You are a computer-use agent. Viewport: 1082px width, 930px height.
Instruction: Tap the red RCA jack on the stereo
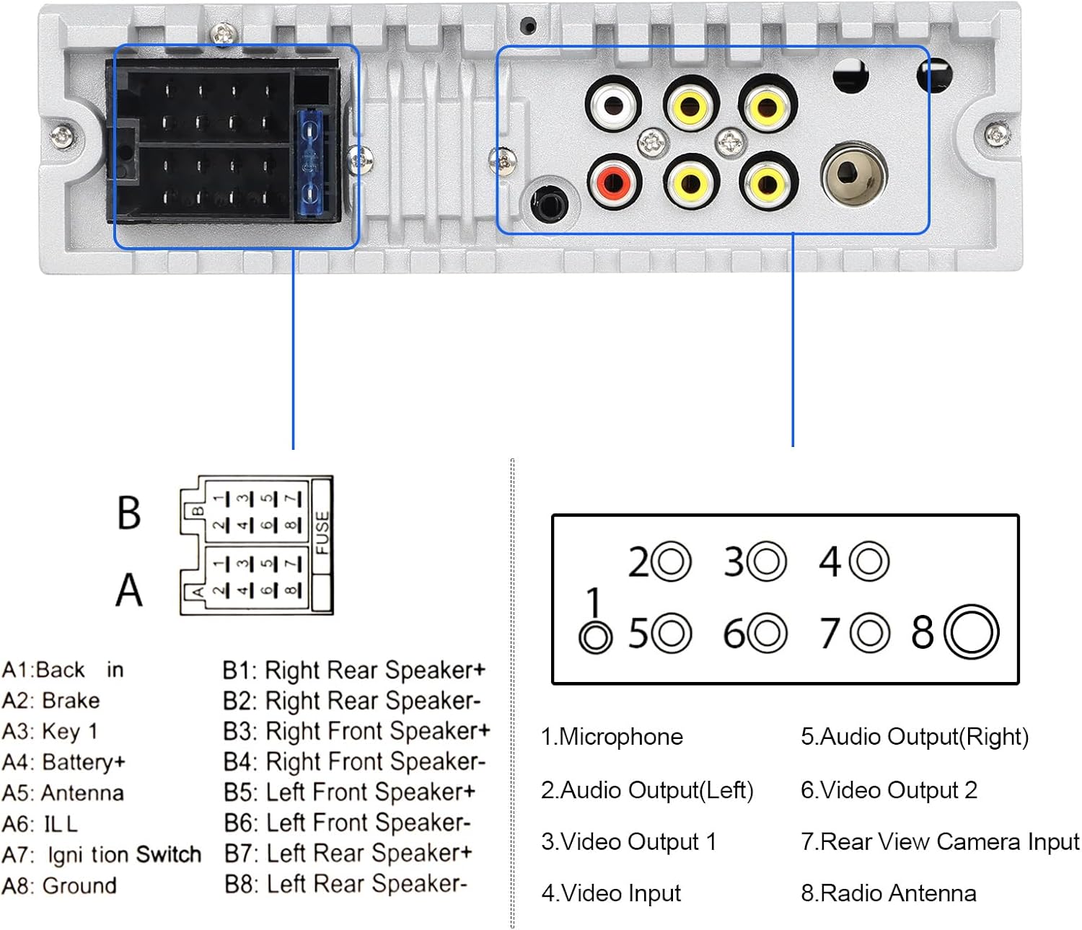615,182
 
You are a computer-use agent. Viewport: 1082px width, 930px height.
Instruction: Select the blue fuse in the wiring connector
310,162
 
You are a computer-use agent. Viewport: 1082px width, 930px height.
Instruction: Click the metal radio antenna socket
853,174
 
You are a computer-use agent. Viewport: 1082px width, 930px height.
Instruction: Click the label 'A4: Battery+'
63,762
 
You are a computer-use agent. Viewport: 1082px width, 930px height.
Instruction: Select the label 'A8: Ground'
59,885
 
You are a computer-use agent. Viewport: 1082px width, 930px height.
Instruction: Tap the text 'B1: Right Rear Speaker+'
353,670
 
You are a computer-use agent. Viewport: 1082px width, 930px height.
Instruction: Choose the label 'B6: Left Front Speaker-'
347,823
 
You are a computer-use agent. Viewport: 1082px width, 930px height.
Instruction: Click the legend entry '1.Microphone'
612,737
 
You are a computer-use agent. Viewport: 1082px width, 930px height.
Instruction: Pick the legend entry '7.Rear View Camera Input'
939,841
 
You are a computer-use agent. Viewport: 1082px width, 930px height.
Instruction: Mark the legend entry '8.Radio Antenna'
888,893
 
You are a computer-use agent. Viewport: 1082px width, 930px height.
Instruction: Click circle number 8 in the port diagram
971,632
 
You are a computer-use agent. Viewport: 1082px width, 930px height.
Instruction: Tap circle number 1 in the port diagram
596,637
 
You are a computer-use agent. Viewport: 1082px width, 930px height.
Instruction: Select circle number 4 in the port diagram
868,561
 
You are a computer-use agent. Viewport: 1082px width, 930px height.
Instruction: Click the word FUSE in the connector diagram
322,533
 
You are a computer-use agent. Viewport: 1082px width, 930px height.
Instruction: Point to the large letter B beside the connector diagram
128,513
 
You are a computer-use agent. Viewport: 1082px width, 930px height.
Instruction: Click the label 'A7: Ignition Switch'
102,854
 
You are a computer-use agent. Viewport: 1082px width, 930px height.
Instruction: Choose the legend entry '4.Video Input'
611,893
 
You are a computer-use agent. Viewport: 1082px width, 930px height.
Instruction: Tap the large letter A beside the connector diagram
128,590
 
